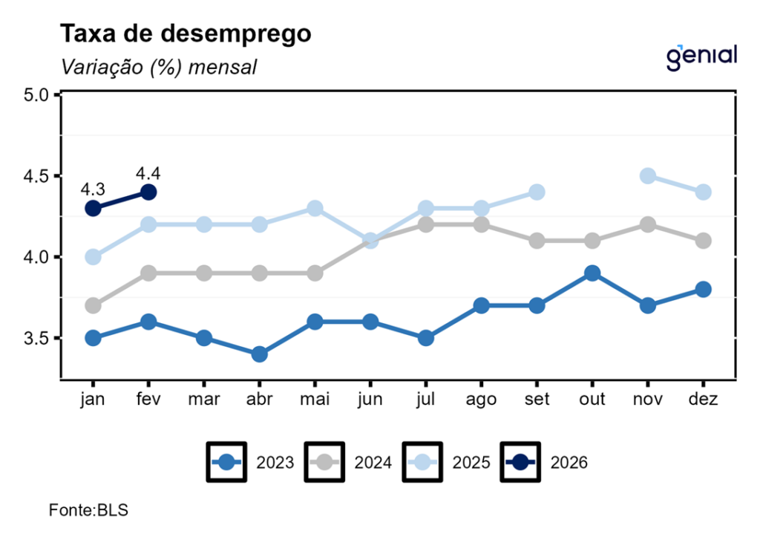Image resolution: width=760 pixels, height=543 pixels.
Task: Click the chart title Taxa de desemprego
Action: tap(185, 34)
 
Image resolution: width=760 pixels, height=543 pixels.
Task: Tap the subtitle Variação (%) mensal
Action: tap(158, 67)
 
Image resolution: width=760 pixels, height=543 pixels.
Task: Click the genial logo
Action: tap(701, 56)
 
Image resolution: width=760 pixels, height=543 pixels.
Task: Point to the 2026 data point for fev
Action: tap(148, 192)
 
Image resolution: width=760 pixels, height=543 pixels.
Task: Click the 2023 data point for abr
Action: tap(260, 354)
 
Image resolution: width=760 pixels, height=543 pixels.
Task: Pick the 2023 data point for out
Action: tap(592, 273)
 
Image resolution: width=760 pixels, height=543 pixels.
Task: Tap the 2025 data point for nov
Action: tap(648, 176)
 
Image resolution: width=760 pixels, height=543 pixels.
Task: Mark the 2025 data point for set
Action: tap(537, 192)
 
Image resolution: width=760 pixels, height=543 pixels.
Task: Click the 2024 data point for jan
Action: tap(93, 305)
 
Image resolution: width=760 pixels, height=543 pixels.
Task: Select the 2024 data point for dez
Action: tap(704, 241)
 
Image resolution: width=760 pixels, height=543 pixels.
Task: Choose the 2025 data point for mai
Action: tap(315, 209)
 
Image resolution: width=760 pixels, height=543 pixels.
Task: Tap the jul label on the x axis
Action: tap(426, 400)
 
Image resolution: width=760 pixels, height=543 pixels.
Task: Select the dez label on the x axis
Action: tap(704, 400)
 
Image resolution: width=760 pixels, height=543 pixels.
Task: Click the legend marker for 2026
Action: tap(520, 462)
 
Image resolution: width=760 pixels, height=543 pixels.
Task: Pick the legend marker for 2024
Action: tap(324, 462)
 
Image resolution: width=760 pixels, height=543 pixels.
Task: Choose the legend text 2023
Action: tap(275, 463)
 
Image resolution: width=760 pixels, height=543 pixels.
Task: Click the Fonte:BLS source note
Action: tap(89, 510)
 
